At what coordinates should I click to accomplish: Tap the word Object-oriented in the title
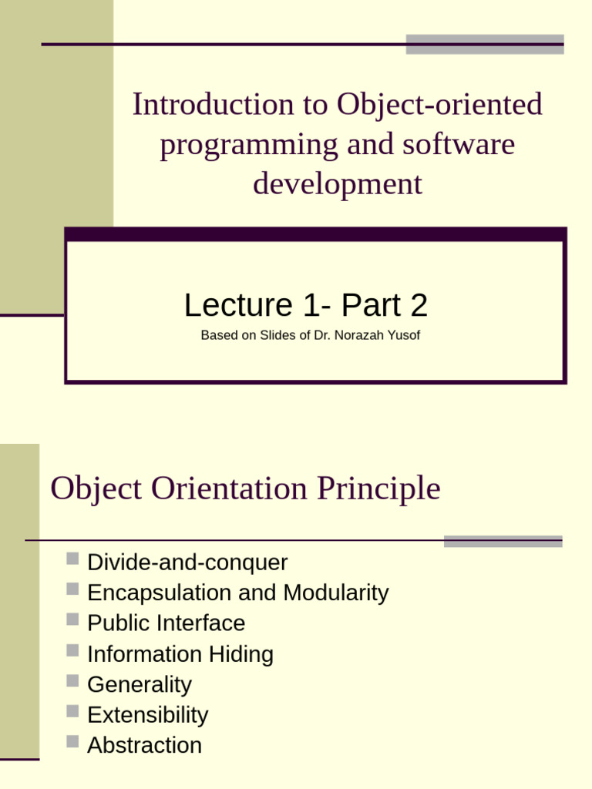439,105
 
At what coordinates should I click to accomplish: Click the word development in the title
338,184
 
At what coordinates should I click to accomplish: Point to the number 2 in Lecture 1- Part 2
419,306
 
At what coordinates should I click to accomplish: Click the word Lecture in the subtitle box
234,306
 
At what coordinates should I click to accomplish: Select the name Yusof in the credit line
404,335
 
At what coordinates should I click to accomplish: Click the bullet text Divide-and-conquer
187,562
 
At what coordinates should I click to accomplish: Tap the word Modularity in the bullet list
336,593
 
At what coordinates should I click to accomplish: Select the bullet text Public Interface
166,623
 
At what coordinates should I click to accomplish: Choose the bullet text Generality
139,684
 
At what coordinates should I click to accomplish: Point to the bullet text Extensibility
147,714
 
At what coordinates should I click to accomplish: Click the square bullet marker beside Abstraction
72,742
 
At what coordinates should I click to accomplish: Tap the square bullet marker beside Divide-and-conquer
72,559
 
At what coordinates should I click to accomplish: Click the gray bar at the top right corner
484,44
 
